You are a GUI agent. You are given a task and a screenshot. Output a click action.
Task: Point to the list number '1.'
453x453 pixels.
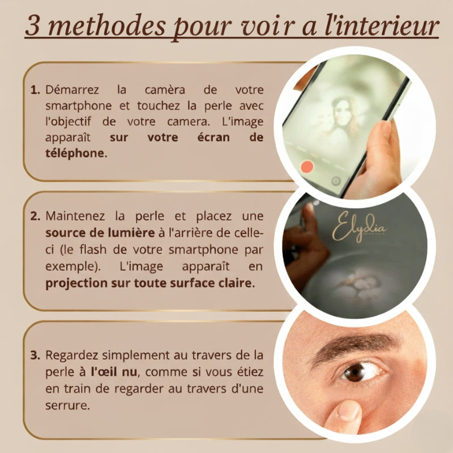click(35, 90)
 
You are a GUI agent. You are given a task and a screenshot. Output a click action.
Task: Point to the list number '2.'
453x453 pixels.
click(35, 216)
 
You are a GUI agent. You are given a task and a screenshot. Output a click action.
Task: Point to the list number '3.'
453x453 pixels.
click(35, 356)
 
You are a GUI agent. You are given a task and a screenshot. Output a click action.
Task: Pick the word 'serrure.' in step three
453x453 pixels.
click(67, 406)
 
